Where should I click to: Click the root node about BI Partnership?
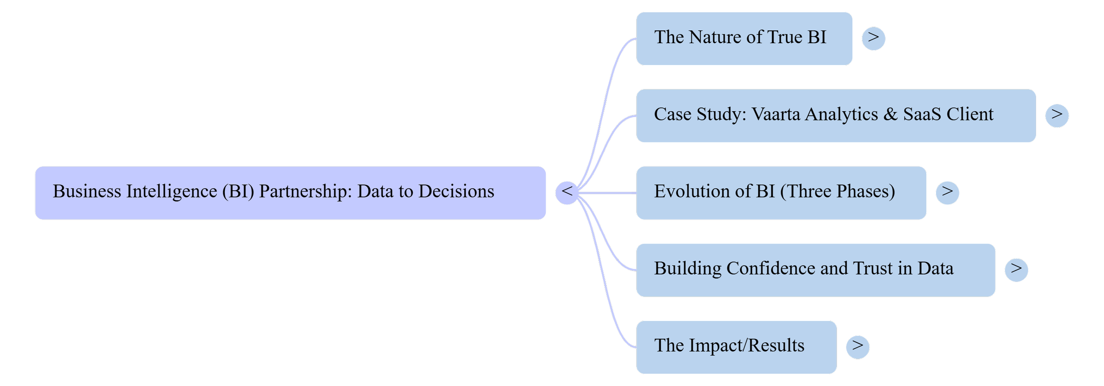290,193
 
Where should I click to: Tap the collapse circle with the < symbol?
567,193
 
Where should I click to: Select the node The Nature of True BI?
744,38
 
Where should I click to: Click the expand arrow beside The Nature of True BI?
873,38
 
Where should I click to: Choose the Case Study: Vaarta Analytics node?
836,116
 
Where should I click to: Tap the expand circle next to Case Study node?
1057,116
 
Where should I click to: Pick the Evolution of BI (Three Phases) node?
781,193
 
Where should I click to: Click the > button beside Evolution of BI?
947,193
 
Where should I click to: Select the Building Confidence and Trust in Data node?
816,270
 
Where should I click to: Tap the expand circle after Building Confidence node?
1016,270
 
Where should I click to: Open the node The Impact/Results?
736,347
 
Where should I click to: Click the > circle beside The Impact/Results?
858,347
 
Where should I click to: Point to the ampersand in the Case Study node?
890,115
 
